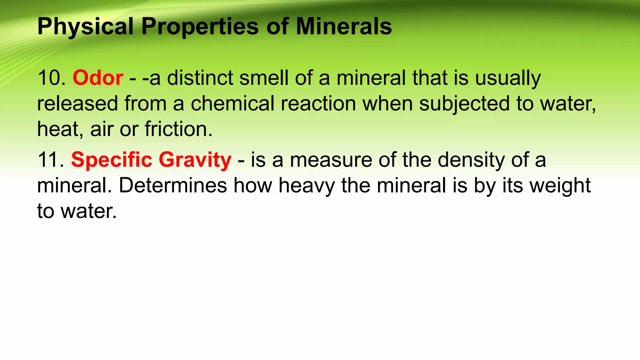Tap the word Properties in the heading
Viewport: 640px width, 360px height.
coord(200,27)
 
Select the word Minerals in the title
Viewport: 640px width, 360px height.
coord(344,27)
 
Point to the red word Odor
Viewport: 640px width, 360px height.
coord(98,78)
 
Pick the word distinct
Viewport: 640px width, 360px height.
coord(200,78)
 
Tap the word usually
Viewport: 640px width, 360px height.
coord(508,78)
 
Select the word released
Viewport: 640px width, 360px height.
coord(77,103)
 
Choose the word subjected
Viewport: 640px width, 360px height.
coord(464,104)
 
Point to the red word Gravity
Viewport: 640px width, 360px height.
coord(195,160)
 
